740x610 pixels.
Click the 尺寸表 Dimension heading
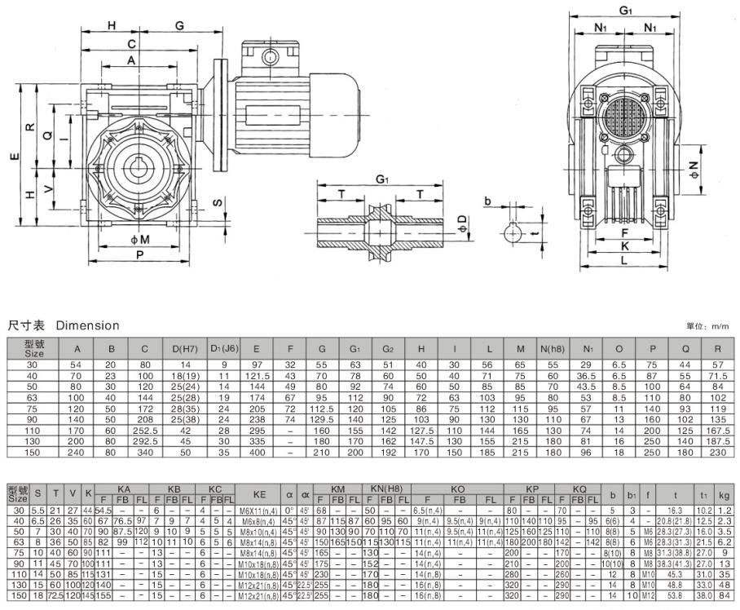64,325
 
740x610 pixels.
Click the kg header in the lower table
724,493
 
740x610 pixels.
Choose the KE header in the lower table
260,493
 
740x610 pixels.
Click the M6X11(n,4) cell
260,510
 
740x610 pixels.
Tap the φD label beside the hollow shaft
461,221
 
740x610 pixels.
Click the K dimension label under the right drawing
625,245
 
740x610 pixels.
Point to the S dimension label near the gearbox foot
217,201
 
